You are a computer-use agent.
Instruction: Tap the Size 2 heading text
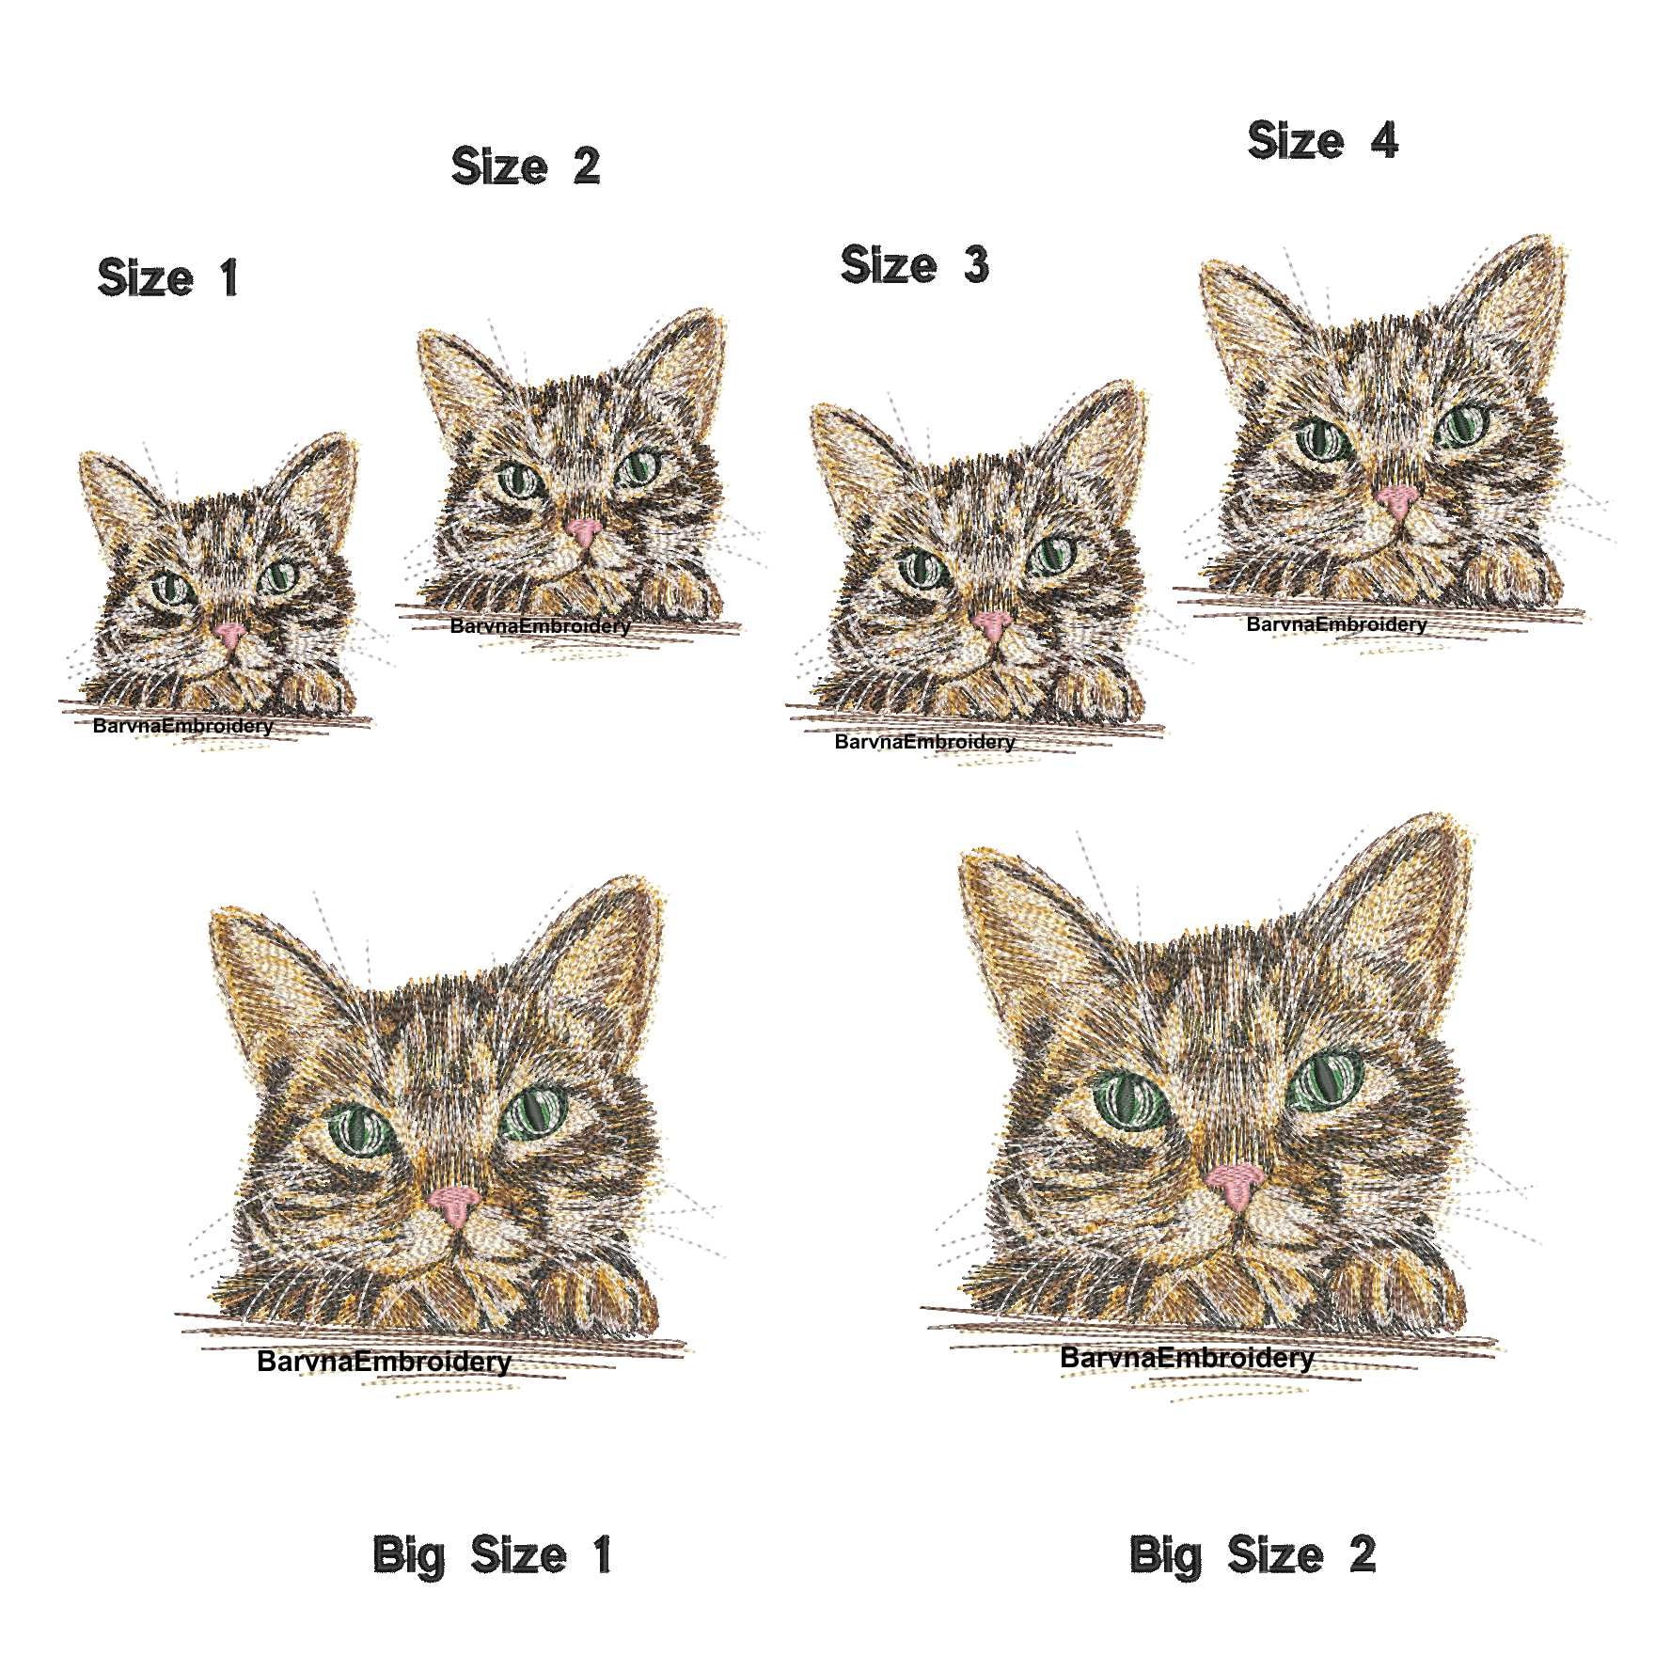(525, 166)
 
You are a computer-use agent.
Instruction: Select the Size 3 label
(914, 264)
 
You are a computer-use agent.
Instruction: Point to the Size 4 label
(1322, 141)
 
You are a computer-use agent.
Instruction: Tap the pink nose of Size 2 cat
(585, 533)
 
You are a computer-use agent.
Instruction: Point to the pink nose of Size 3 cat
(991, 624)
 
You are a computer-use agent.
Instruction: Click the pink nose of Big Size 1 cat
(455, 1204)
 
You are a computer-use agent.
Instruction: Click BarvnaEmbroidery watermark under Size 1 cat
(182, 726)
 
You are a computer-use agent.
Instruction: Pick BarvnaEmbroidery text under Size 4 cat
(1336, 624)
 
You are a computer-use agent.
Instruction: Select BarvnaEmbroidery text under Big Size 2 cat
(1187, 1357)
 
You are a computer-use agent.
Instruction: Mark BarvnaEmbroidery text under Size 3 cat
(924, 742)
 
